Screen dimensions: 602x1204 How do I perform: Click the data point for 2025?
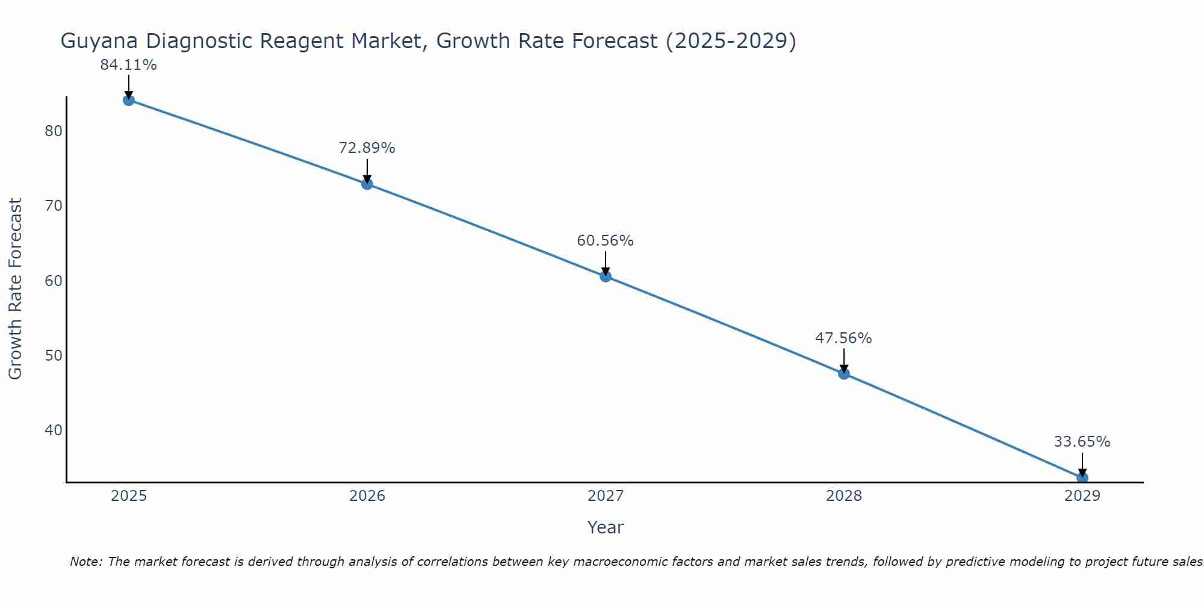coord(128,100)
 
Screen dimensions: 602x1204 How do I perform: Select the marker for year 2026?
coord(367,184)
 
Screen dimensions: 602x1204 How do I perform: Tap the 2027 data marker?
coord(606,276)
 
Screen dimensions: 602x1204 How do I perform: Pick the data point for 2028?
coord(844,373)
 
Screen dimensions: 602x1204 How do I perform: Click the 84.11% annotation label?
coord(128,65)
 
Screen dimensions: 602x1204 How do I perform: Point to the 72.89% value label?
coord(367,148)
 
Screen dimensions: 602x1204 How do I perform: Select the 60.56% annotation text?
coord(605,241)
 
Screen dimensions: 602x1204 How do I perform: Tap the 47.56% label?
coord(843,338)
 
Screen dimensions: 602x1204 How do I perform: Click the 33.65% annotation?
coord(1082,442)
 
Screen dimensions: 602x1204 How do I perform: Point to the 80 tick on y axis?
coord(54,131)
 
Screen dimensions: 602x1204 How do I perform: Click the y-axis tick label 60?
coord(54,281)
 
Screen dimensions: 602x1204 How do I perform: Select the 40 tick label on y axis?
coord(54,430)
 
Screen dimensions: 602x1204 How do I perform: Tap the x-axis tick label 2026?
coord(367,496)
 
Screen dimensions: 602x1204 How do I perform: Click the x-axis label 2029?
coord(1082,496)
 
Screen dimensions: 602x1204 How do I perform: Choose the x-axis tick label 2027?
coord(606,496)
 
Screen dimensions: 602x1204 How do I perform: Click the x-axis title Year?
coord(605,527)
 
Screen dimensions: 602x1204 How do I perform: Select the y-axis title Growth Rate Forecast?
coord(16,289)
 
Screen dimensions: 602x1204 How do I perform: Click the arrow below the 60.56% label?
coord(606,263)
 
